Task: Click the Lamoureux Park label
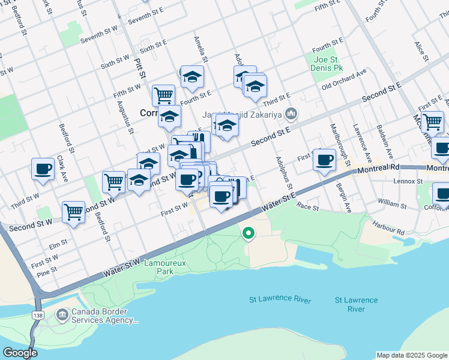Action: pos(158,267)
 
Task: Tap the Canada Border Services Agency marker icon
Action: pos(62,314)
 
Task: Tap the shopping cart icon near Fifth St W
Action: pos(163,94)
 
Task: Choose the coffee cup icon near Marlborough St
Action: pos(325,160)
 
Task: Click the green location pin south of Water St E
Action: pos(247,233)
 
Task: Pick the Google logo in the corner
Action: pos(19,353)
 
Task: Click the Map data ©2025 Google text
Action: pos(412,355)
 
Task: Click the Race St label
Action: pos(308,206)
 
